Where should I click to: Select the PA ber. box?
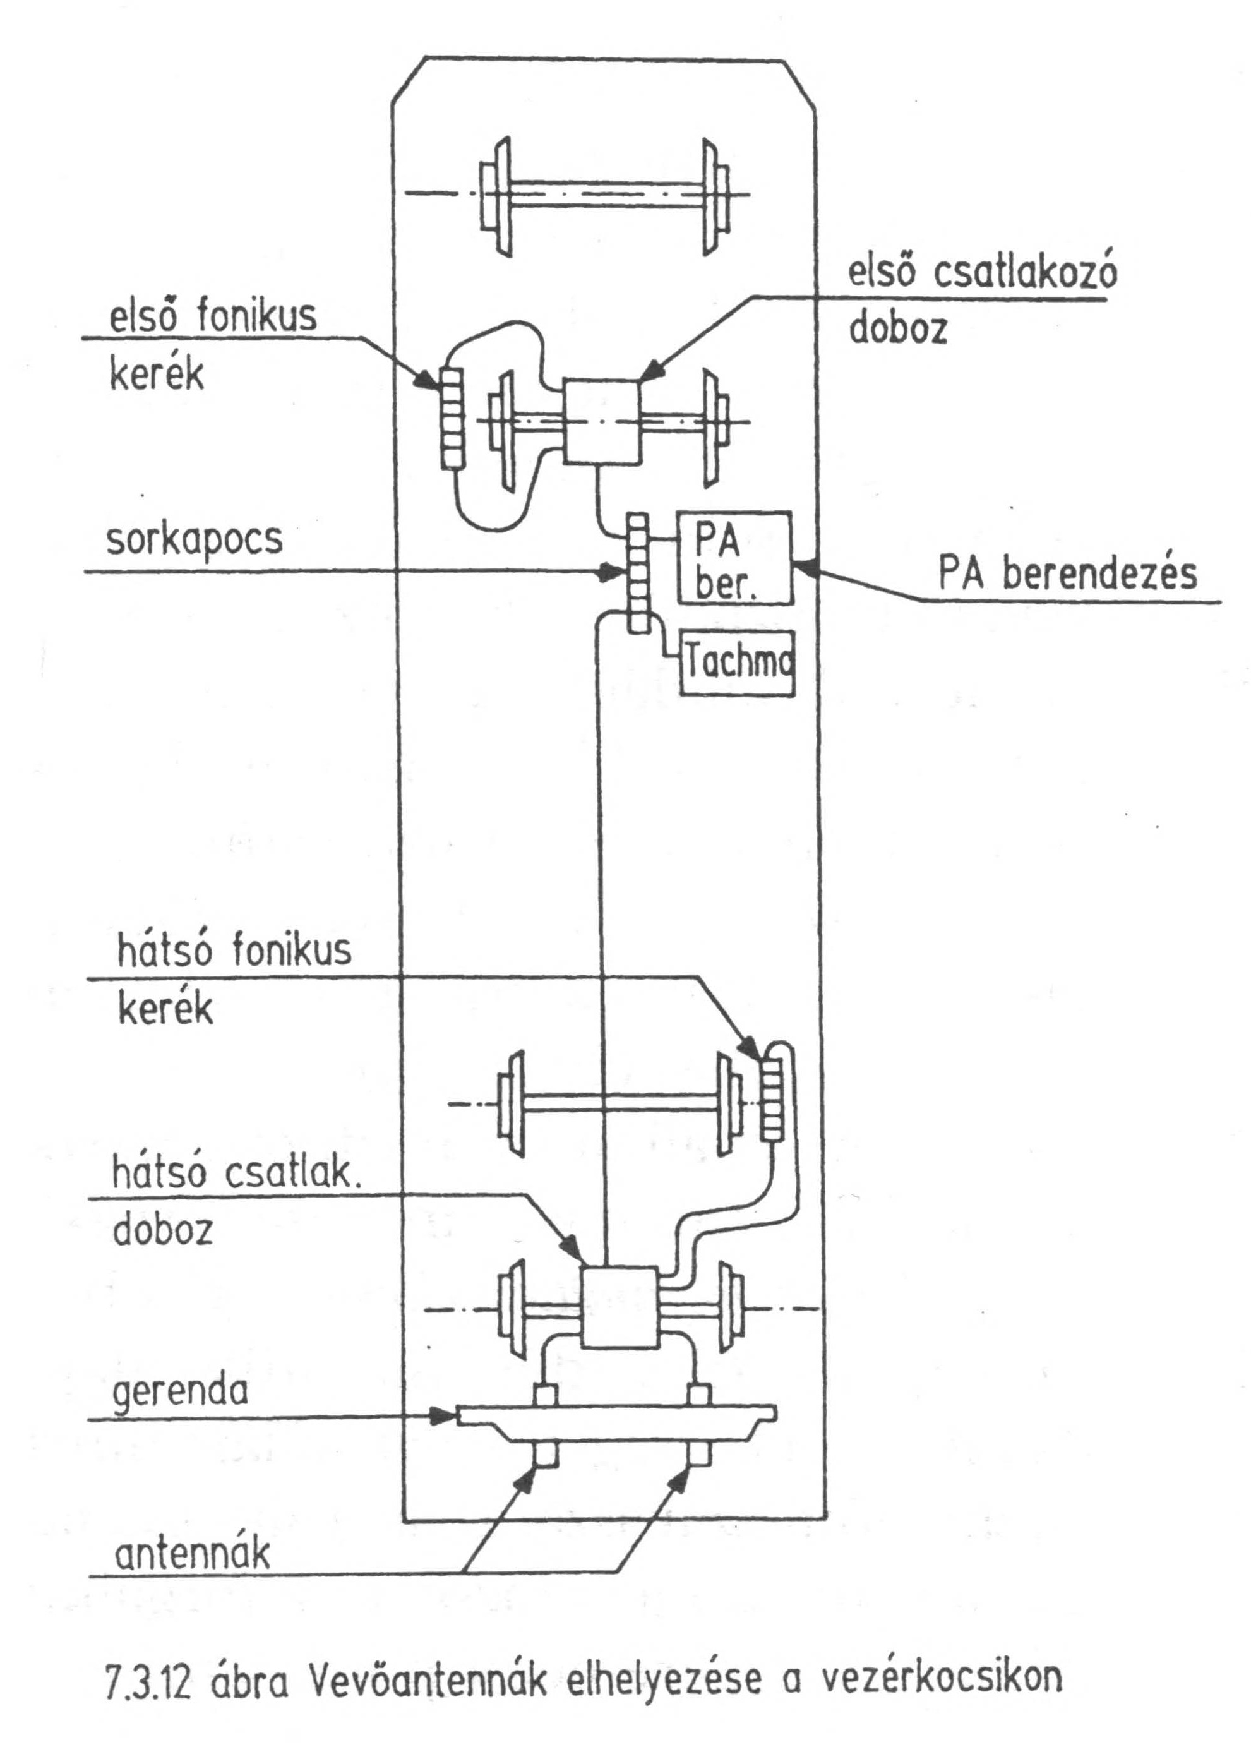click(x=733, y=557)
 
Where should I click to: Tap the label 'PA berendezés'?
click(x=1068, y=574)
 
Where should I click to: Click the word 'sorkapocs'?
click(x=194, y=539)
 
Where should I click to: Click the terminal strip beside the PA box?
click(x=637, y=574)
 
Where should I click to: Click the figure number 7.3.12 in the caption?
click(x=150, y=1678)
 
